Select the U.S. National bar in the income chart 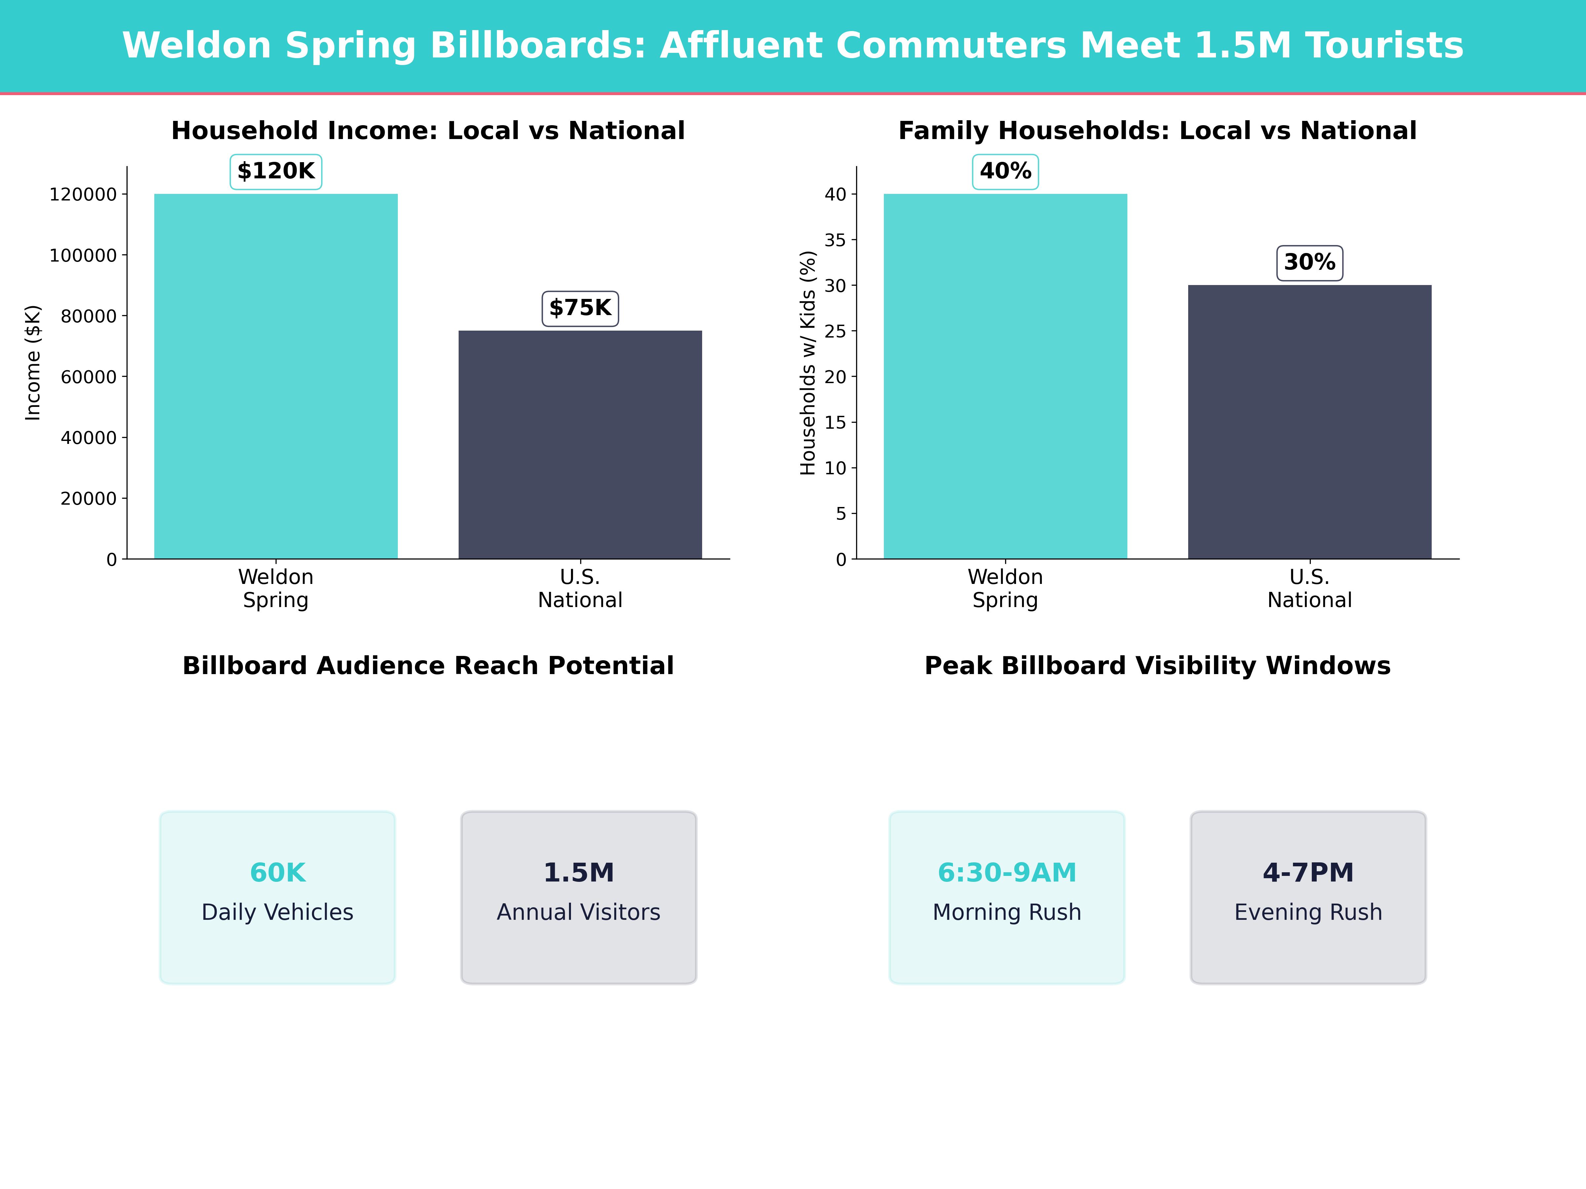coord(580,444)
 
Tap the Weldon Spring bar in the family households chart coord(1005,376)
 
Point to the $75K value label coord(580,308)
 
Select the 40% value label coord(1005,171)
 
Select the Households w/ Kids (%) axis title coord(808,363)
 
